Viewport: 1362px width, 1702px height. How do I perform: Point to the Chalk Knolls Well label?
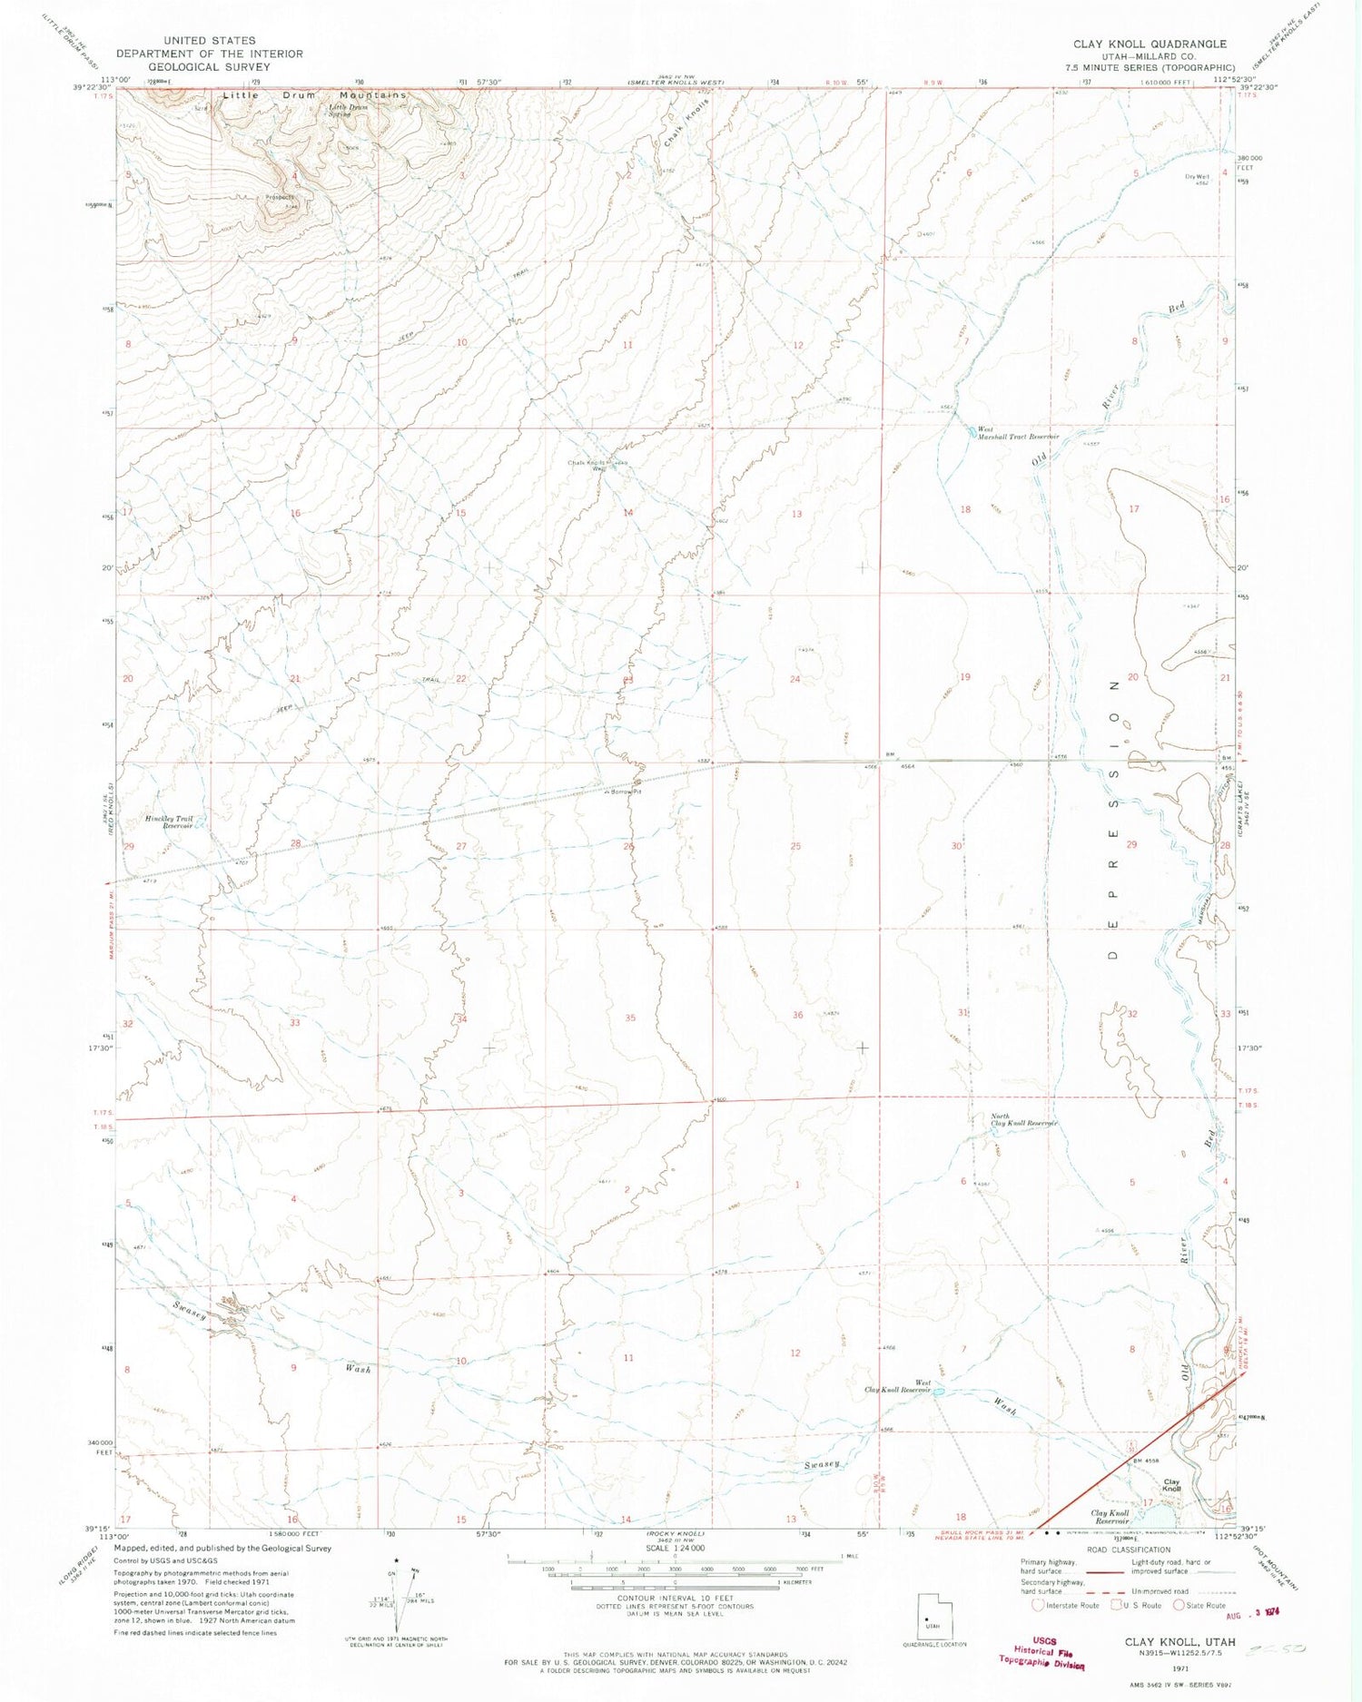pyautogui.click(x=588, y=465)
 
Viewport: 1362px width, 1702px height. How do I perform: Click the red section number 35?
pyautogui.click(x=629, y=1018)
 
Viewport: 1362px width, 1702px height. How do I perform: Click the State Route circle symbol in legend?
pyautogui.click(x=1179, y=1605)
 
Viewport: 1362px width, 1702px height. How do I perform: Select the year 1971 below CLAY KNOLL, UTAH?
pyautogui.click(x=1179, y=1668)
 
